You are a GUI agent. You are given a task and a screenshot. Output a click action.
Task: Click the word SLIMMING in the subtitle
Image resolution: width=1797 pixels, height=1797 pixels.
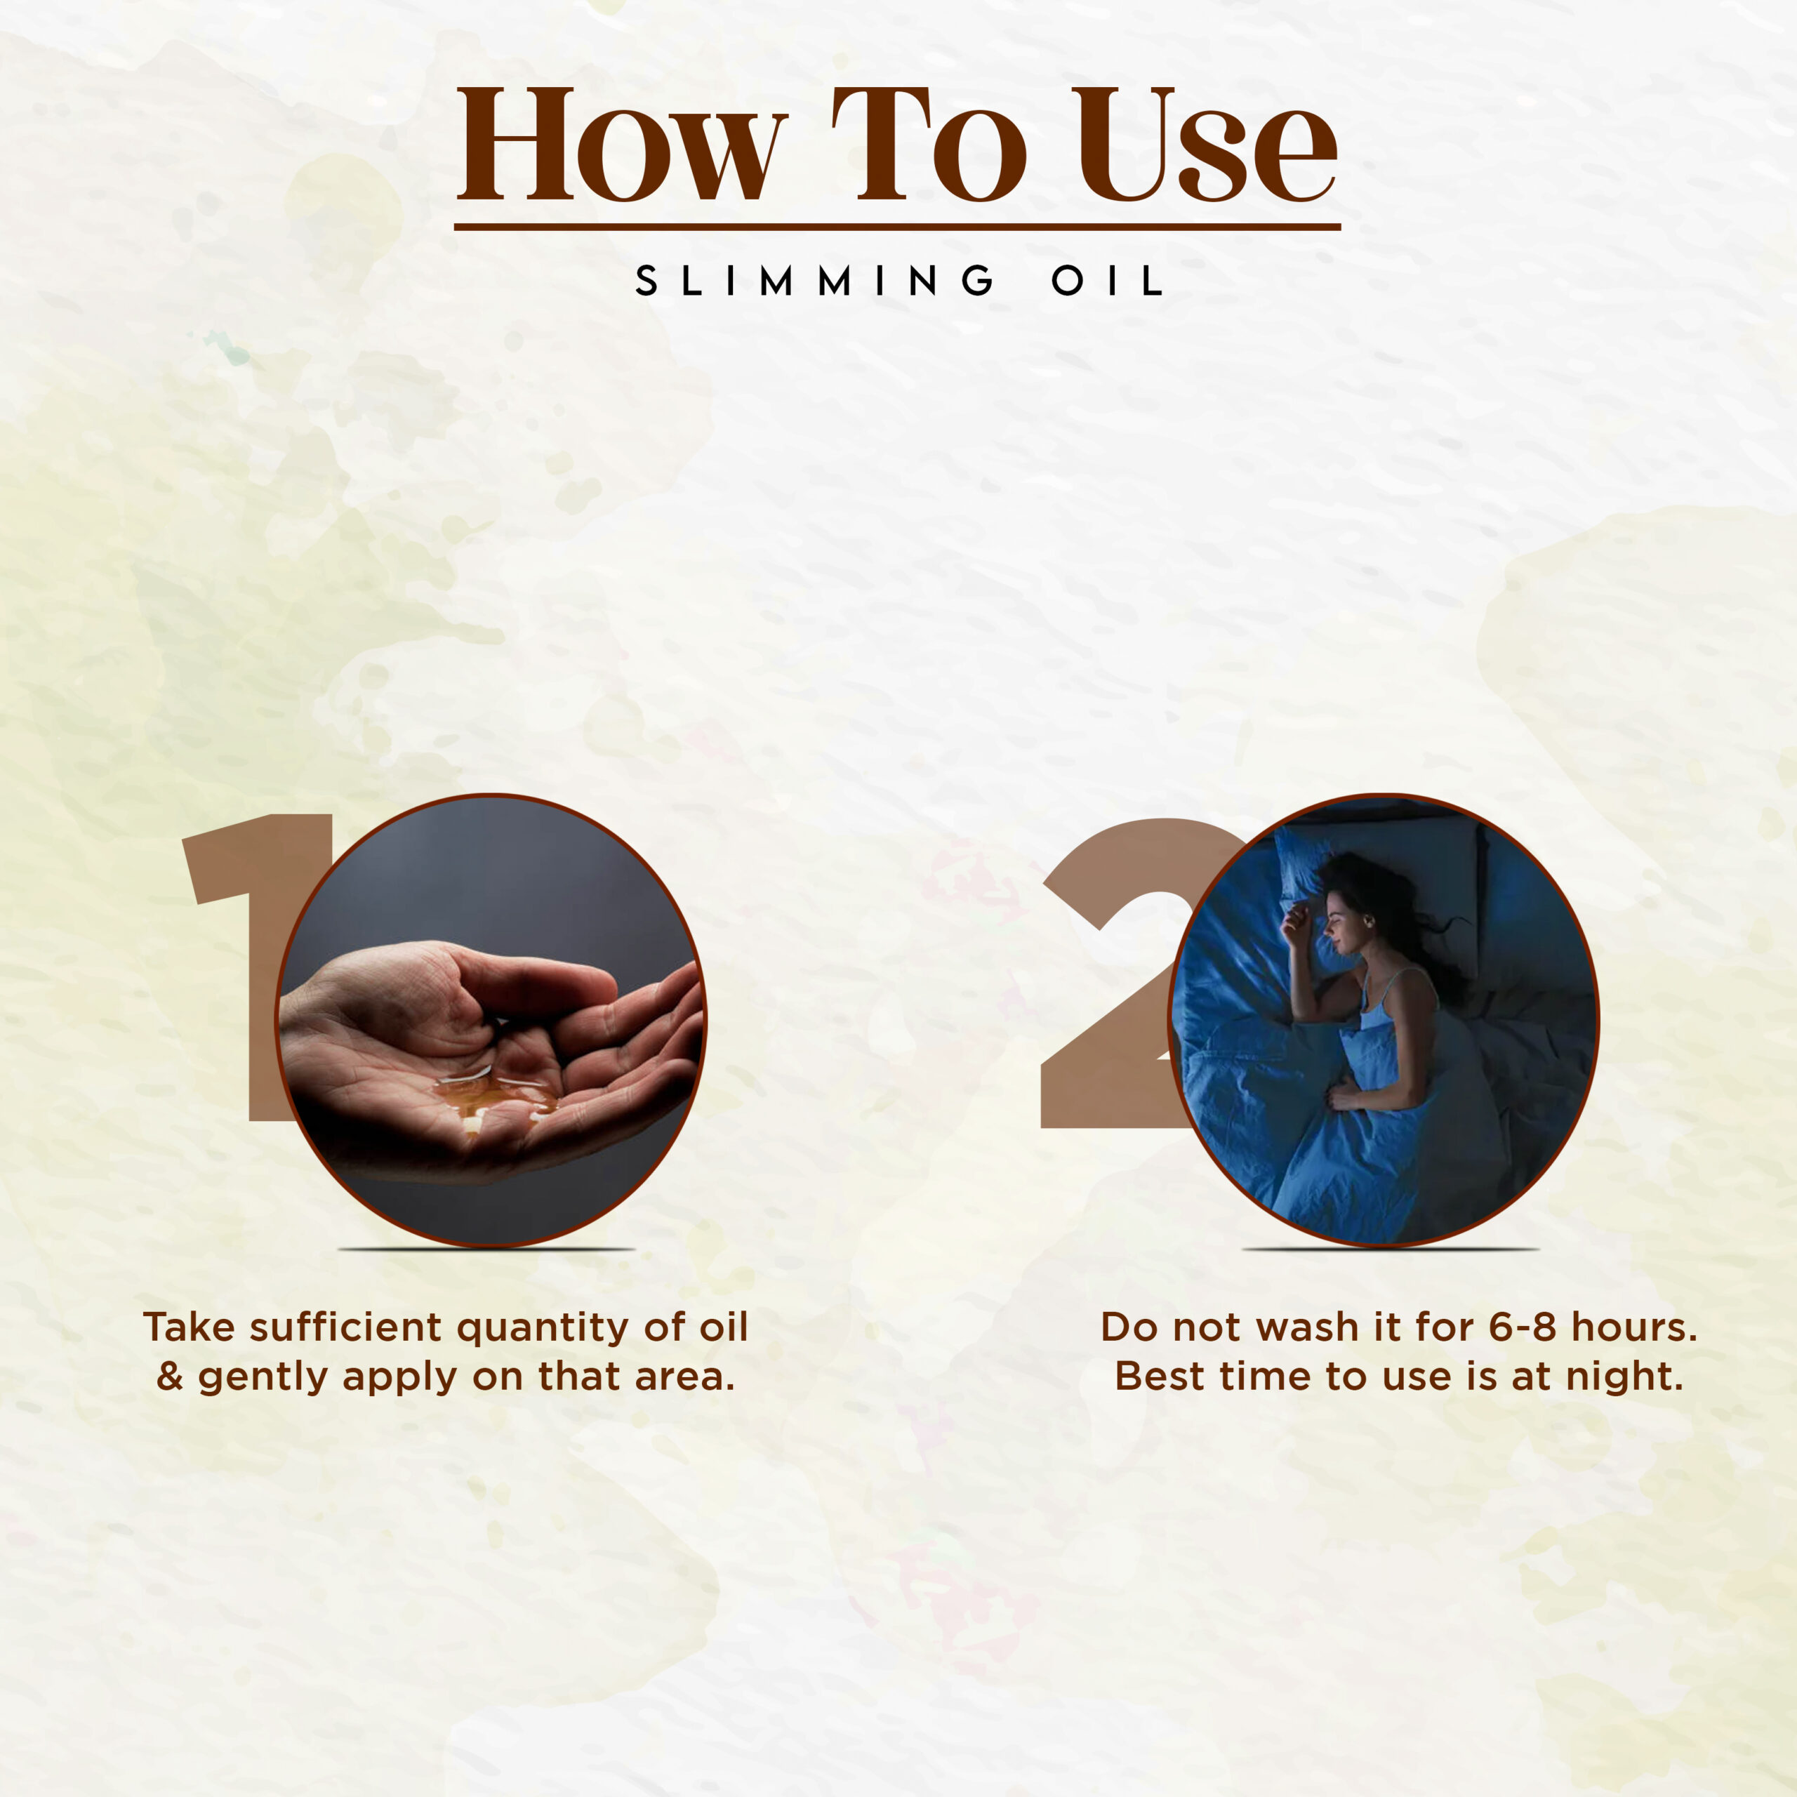point(815,280)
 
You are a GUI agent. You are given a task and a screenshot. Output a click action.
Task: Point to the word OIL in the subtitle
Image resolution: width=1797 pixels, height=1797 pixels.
point(1107,280)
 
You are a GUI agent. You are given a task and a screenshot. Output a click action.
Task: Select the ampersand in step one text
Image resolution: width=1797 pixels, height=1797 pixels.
point(169,1376)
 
